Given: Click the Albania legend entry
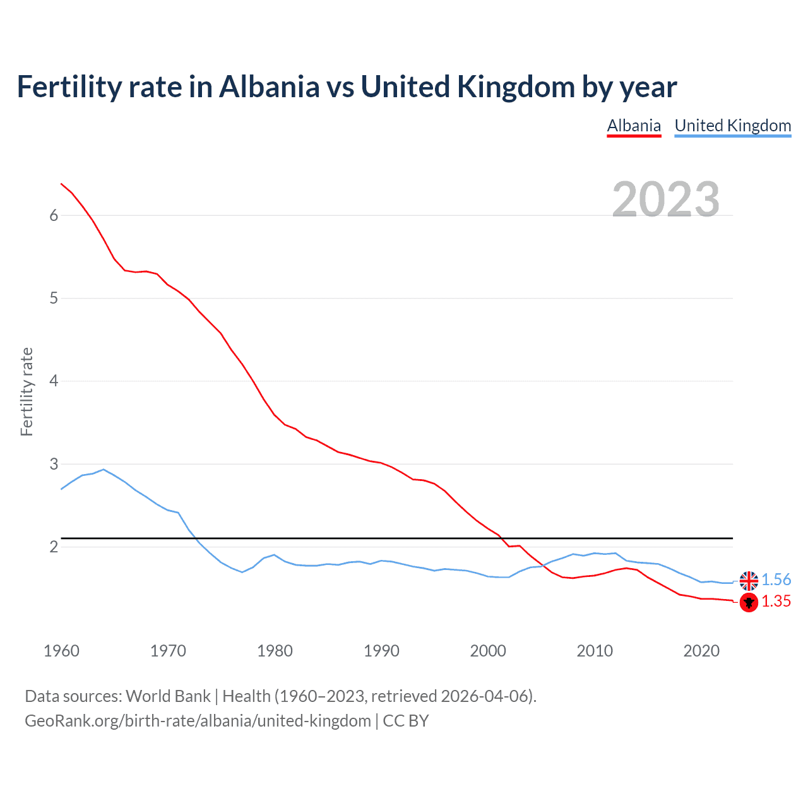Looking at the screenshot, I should [634, 126].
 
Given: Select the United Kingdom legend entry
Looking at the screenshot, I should [732, 126].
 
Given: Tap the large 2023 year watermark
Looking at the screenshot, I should [665, 199].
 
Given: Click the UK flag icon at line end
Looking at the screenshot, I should [749, 580].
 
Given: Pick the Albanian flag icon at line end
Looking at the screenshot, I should [749, 602].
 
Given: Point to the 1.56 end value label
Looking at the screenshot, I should [776, 580].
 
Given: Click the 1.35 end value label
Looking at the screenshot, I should [776, 602].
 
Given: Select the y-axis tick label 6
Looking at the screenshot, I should [54, 216].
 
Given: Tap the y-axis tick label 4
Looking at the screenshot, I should [54, 381].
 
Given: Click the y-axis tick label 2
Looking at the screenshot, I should [54, 547].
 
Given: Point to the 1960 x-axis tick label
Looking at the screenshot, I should [61, 651].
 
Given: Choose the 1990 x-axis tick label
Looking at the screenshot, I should [381, 651].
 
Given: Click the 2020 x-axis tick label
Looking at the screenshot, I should [701, 651].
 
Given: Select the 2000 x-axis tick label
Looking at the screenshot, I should [488, 651].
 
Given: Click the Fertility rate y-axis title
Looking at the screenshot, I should [27, 391].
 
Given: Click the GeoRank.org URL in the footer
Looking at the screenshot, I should [198, 721].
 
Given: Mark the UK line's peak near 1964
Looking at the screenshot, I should [104, 469].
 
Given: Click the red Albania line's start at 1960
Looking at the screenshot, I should [61, 184].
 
